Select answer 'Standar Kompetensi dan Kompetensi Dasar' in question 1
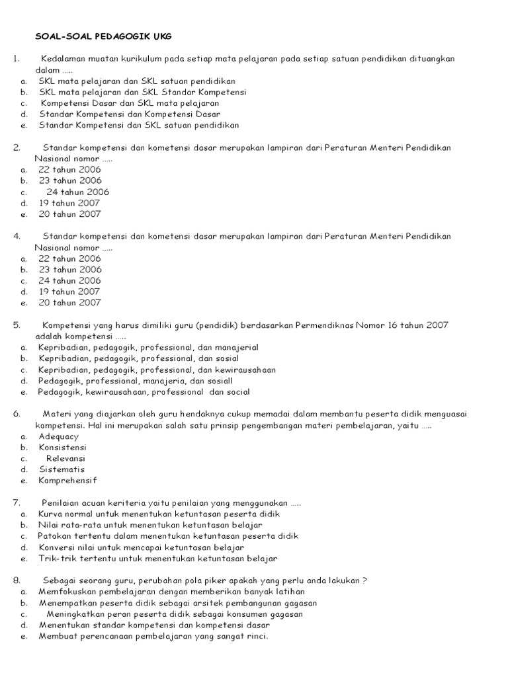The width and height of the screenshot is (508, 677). point(129,114)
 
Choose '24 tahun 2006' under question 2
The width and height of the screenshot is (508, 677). point(78,192)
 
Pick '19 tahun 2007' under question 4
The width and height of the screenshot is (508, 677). point(69,292)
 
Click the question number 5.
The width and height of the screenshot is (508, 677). point(16,325)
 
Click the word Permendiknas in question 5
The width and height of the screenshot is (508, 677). point(325,325)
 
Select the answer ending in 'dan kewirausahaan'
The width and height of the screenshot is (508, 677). point(157,370)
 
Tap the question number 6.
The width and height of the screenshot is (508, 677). point(16,414)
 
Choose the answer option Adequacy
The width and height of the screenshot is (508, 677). point(58,436)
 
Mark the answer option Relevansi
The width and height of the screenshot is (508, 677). point(65,458)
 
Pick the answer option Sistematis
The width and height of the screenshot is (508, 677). point(62,469)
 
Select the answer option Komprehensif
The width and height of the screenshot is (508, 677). point(67,481)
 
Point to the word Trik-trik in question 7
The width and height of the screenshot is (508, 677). point(58,559)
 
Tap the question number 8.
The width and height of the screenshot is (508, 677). point(16,580)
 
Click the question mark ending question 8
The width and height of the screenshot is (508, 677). point(364,580)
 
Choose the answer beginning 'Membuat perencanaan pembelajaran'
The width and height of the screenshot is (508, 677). point(153,636)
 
